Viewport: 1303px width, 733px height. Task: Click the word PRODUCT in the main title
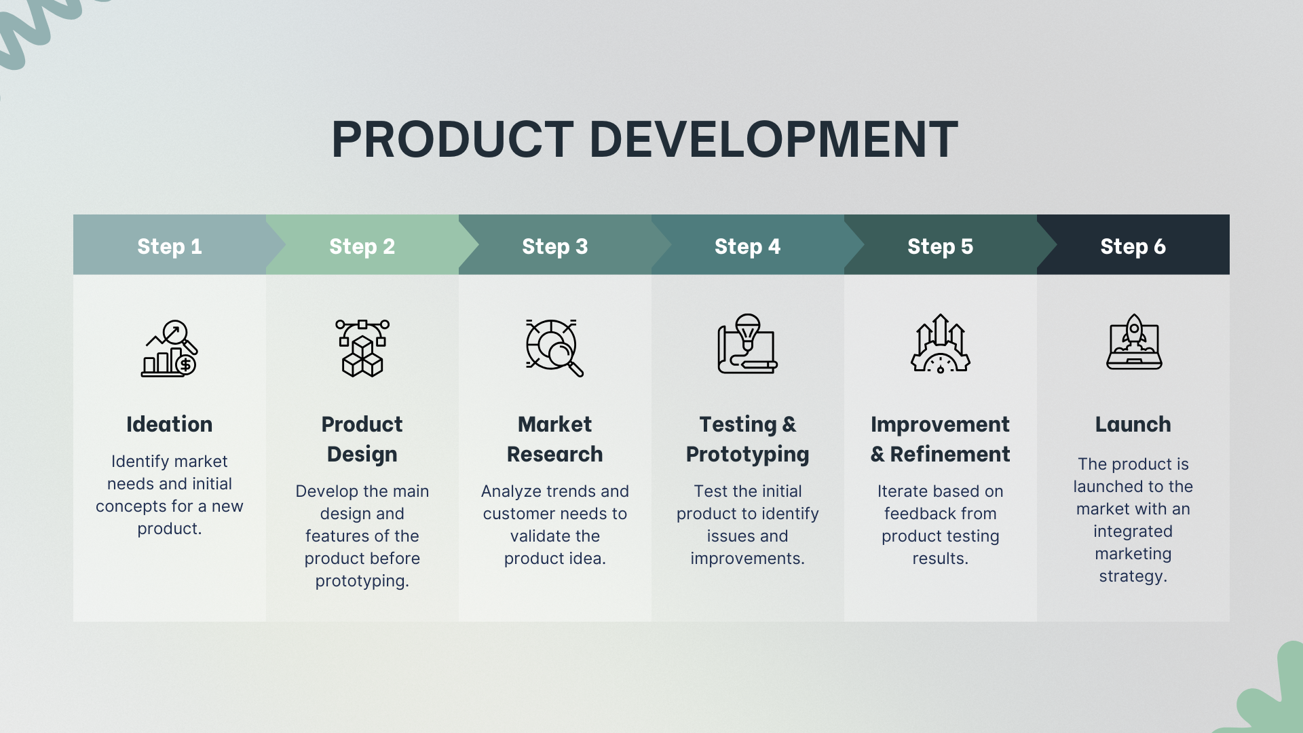coord(453,140)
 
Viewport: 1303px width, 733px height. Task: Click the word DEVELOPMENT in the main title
coord(774,140)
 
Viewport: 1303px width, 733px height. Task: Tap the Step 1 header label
coord(170,246)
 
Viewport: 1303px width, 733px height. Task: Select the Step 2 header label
coord(362,246)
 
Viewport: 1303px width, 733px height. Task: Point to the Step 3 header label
coord(555,246)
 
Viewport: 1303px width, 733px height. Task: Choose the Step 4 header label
coord(748,246)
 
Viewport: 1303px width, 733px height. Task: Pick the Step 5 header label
coord(941,246)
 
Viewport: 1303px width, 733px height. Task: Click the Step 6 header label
coord(1133,246)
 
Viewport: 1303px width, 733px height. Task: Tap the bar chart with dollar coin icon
coord(170,348)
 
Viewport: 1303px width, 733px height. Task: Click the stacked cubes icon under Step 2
coord(362,348)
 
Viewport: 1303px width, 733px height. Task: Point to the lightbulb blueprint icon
coord(748,344)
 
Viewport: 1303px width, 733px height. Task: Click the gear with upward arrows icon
coord(941,343)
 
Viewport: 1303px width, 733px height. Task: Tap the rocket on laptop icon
coord(1134,341)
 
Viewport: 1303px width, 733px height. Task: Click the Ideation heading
coord(170,424)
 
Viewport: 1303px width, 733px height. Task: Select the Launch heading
coord(1133,424)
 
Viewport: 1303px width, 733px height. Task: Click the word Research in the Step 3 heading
coord(555,454)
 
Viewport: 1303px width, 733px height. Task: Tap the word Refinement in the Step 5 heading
coord(950,454)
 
